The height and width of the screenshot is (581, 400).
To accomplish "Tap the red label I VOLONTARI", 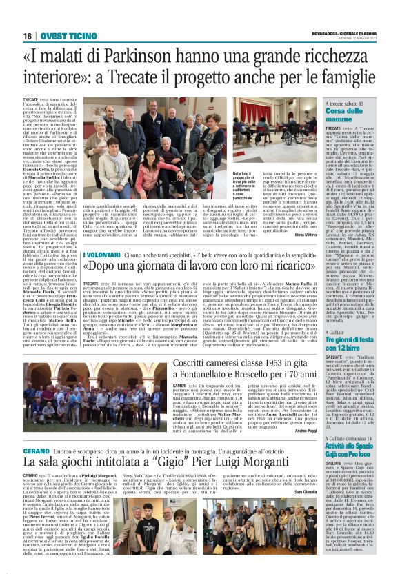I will tap(101, 255).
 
